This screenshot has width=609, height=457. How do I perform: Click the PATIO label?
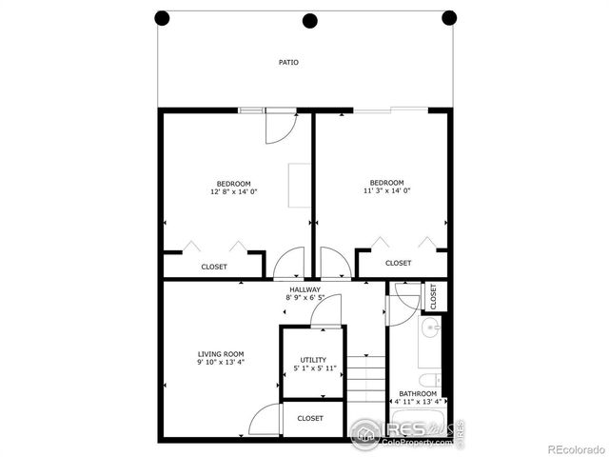(288, 63)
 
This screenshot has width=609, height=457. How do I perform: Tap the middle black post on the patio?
(309, 20)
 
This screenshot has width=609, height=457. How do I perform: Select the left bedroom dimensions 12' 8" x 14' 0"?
(234, 191)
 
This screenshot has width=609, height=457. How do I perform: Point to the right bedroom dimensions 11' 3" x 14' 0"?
(386, 190)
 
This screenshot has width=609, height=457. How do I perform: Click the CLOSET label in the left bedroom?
(214, 267)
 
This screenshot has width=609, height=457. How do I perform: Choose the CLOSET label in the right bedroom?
(398, 263)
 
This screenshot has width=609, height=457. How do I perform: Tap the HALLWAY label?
(304, 289)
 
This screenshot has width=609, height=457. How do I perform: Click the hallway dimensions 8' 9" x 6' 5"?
(304, 298)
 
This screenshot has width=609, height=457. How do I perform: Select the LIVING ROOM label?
(221, 354)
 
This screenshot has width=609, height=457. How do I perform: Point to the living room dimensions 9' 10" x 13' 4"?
(221, 363)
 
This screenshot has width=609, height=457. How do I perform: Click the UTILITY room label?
(312, 360)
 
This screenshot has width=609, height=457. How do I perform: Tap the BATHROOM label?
(418, 394)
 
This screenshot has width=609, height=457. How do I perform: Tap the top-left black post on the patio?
(162, 17)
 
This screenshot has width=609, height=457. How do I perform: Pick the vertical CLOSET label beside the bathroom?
(433, 295)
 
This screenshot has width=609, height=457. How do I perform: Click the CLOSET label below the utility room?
(310, 418)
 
